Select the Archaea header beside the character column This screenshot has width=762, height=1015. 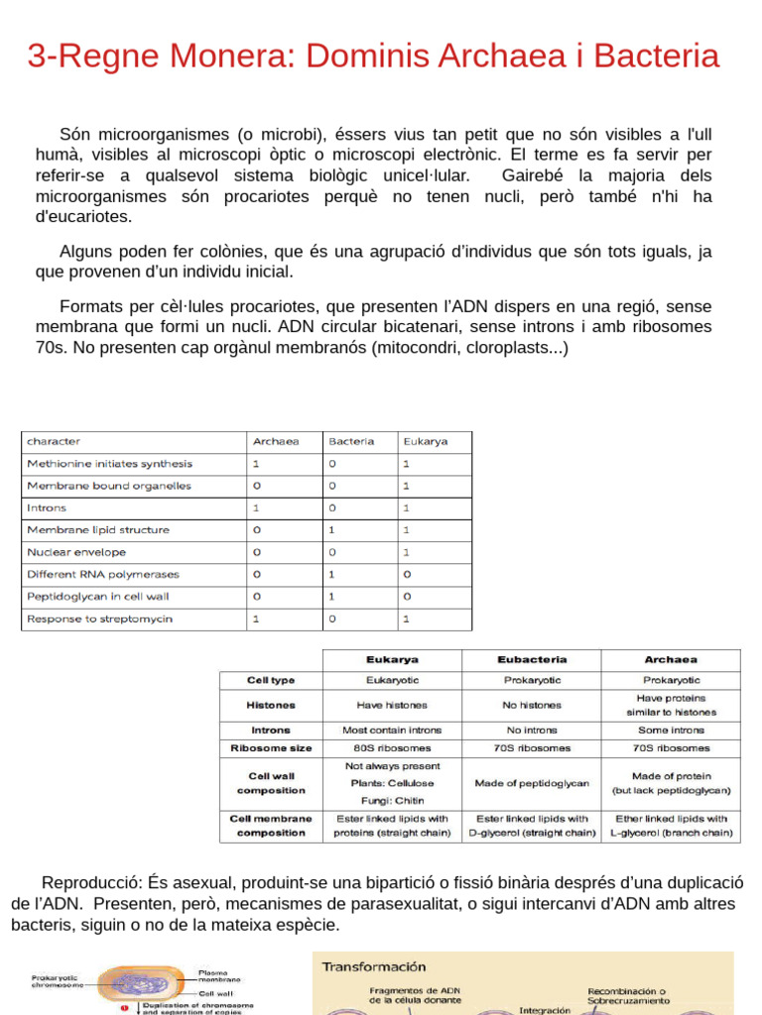[275, 441]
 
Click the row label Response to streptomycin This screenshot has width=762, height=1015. [99, 619]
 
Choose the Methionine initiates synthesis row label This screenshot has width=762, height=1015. [109, 463]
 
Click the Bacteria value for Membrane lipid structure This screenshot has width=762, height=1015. [331, 529]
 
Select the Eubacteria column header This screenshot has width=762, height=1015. [531, 659]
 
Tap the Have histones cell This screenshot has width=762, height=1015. [392, 705]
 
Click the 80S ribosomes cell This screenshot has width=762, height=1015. [392, 747]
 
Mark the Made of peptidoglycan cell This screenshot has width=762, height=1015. [531, 783]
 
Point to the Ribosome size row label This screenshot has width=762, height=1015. [271, 747]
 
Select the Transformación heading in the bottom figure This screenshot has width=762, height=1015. [373, 966]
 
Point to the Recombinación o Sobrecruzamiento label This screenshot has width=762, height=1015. [627, 995]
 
